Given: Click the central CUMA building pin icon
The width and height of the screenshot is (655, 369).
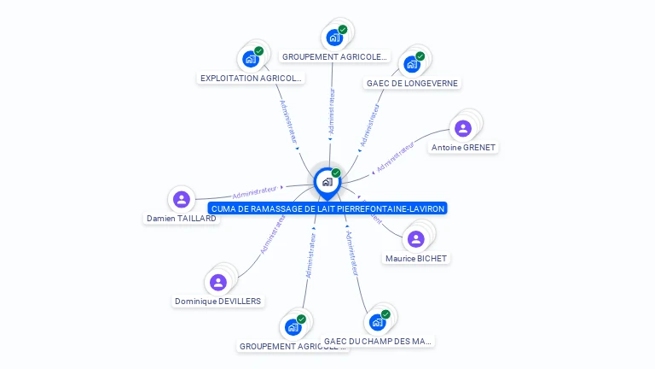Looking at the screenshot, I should point(326,182).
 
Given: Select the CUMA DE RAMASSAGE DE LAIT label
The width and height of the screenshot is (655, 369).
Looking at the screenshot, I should point(327,208).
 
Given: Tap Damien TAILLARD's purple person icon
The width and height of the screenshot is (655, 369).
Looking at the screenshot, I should point(181,200).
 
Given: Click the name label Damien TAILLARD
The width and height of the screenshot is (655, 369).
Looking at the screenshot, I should point(181,219).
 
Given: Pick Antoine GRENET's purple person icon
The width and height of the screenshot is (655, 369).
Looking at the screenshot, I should point(463,128).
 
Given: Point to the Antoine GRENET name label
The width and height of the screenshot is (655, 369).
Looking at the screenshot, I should point(463,148).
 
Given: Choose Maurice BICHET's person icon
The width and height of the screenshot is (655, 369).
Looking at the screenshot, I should point(415,239).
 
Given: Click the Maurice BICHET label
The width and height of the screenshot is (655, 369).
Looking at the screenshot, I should point(415,259).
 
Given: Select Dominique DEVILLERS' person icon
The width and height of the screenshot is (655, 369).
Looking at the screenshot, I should point(218,282).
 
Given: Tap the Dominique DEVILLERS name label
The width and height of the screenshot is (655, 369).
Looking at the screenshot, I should point(218,302).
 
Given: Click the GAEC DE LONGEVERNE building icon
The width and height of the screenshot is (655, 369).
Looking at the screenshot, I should point(412,64).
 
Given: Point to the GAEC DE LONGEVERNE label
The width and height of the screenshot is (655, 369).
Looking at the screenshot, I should point(412,84).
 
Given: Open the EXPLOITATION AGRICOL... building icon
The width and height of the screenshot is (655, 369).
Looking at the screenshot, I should point(251,59).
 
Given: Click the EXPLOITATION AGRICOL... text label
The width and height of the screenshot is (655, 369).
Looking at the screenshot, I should point(251,79).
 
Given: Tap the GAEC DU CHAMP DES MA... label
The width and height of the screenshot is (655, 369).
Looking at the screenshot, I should point(378,342).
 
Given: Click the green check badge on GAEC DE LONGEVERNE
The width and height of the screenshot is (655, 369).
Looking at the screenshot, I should point(420,56).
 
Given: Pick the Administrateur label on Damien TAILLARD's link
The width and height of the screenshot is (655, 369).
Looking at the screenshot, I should point(255,190).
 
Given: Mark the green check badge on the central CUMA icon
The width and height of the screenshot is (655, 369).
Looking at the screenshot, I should point(336,173).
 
